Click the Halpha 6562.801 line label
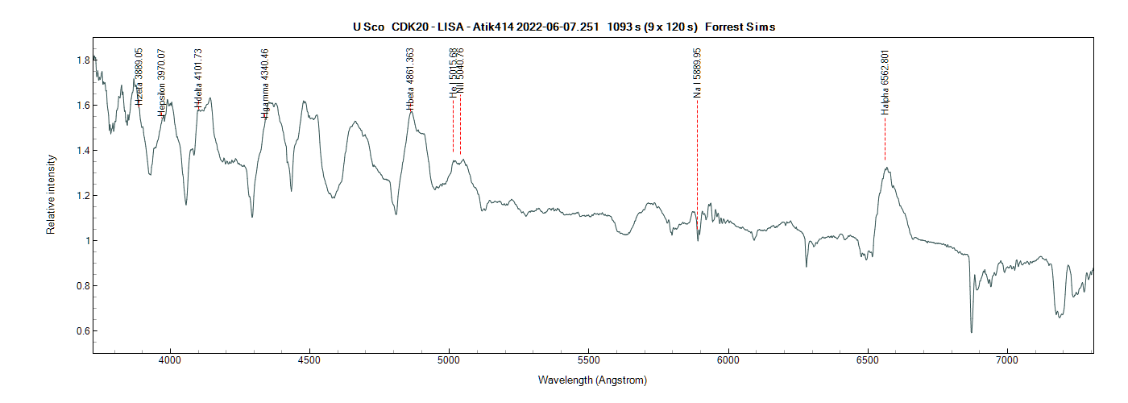click(885, 82)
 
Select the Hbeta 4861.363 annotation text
click(410, 78)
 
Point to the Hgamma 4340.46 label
click(264, 83)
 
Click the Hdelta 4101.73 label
click(198, 78)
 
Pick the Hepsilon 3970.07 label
click(162, 83)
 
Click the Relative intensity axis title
click(51, 196)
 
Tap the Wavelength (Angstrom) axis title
click(592, 380)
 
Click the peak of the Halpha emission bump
click(885, 168)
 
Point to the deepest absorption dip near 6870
click(971, 331)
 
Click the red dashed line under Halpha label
click(885, 141)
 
